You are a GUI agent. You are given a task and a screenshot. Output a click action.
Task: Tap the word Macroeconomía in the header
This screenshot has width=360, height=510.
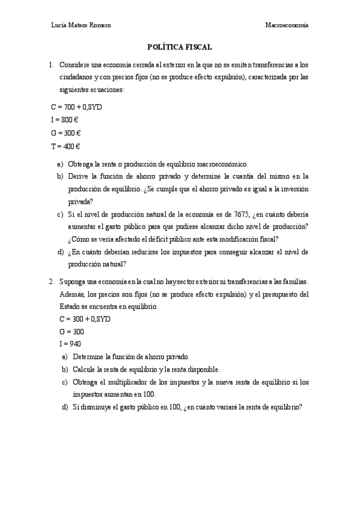tap(287, 25)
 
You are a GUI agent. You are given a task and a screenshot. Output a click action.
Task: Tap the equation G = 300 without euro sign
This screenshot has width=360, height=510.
tap(72, 331)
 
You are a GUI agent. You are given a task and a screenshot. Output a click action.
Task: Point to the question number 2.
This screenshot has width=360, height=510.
tap(52, 281)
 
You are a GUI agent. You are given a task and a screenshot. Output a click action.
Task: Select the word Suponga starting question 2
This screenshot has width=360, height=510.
tap(73, 281)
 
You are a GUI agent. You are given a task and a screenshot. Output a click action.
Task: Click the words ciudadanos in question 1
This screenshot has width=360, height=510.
tap(77, 78)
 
